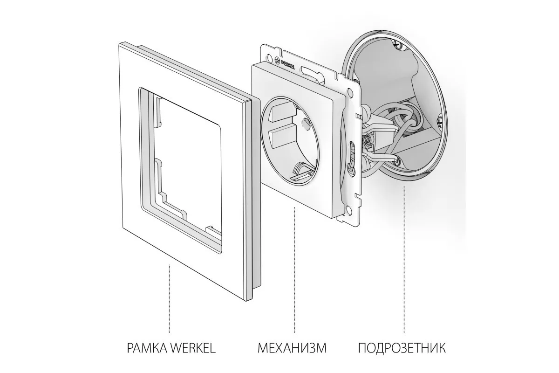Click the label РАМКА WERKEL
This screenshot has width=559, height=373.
tap(171, 348)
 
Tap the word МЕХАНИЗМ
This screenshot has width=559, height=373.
tap(292, 348)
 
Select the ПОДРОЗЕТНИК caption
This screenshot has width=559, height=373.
tap(402, 348)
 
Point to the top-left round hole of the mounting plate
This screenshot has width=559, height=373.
tap(269, 56)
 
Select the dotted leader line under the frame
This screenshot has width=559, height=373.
tap(170, 298)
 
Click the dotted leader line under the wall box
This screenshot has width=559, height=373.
tap(404, 259)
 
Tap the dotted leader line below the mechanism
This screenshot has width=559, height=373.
tap(295, 270)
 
